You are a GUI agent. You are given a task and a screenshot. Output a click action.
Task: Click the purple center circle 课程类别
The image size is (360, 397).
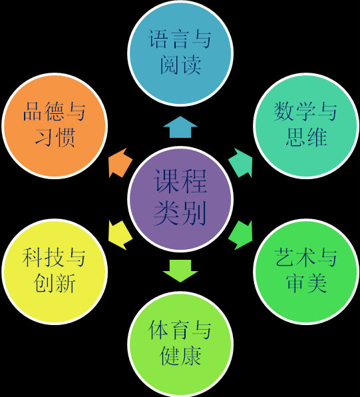(180, 199)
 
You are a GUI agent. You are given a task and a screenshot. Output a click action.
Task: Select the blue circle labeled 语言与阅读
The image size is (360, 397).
(180, 53)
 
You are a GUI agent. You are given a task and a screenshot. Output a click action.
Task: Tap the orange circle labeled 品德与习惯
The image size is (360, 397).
(55, 126)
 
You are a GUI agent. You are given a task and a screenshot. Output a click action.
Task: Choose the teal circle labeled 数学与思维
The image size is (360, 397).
(306, 126)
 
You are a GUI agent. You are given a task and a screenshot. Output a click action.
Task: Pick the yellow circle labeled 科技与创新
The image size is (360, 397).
(55, 272)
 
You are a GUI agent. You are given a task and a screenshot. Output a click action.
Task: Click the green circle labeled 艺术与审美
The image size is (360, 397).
(306, 272)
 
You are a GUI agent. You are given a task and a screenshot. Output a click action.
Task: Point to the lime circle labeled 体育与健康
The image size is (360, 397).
(180, 344)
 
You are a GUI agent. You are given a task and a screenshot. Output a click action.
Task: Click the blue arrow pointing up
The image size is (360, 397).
(180, 127)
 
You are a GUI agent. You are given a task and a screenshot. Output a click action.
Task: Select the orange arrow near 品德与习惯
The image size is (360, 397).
(120, 163)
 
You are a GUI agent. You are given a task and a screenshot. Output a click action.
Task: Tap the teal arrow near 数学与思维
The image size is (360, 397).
(240, 163)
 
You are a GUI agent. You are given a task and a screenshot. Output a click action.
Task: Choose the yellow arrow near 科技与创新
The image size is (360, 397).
(120, 235)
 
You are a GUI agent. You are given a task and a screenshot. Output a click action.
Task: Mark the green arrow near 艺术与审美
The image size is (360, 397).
(240, 235)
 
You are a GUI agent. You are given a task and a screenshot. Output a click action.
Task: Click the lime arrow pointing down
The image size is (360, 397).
(180, 271)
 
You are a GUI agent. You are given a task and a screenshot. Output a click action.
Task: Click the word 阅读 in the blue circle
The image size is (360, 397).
(181, 65)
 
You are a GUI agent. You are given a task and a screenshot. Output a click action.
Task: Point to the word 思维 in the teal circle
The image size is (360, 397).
(306, 137)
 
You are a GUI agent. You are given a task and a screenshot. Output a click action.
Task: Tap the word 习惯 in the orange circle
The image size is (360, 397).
(55, 137)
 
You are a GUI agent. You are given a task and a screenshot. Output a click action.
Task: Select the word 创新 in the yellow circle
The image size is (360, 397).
(55, 283)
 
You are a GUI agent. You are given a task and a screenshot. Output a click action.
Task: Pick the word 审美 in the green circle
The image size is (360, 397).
(306, 283)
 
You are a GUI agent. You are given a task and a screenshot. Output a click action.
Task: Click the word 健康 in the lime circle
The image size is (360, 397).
(181, 356)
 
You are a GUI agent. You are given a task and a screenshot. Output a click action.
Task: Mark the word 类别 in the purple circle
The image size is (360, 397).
(180, 213)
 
